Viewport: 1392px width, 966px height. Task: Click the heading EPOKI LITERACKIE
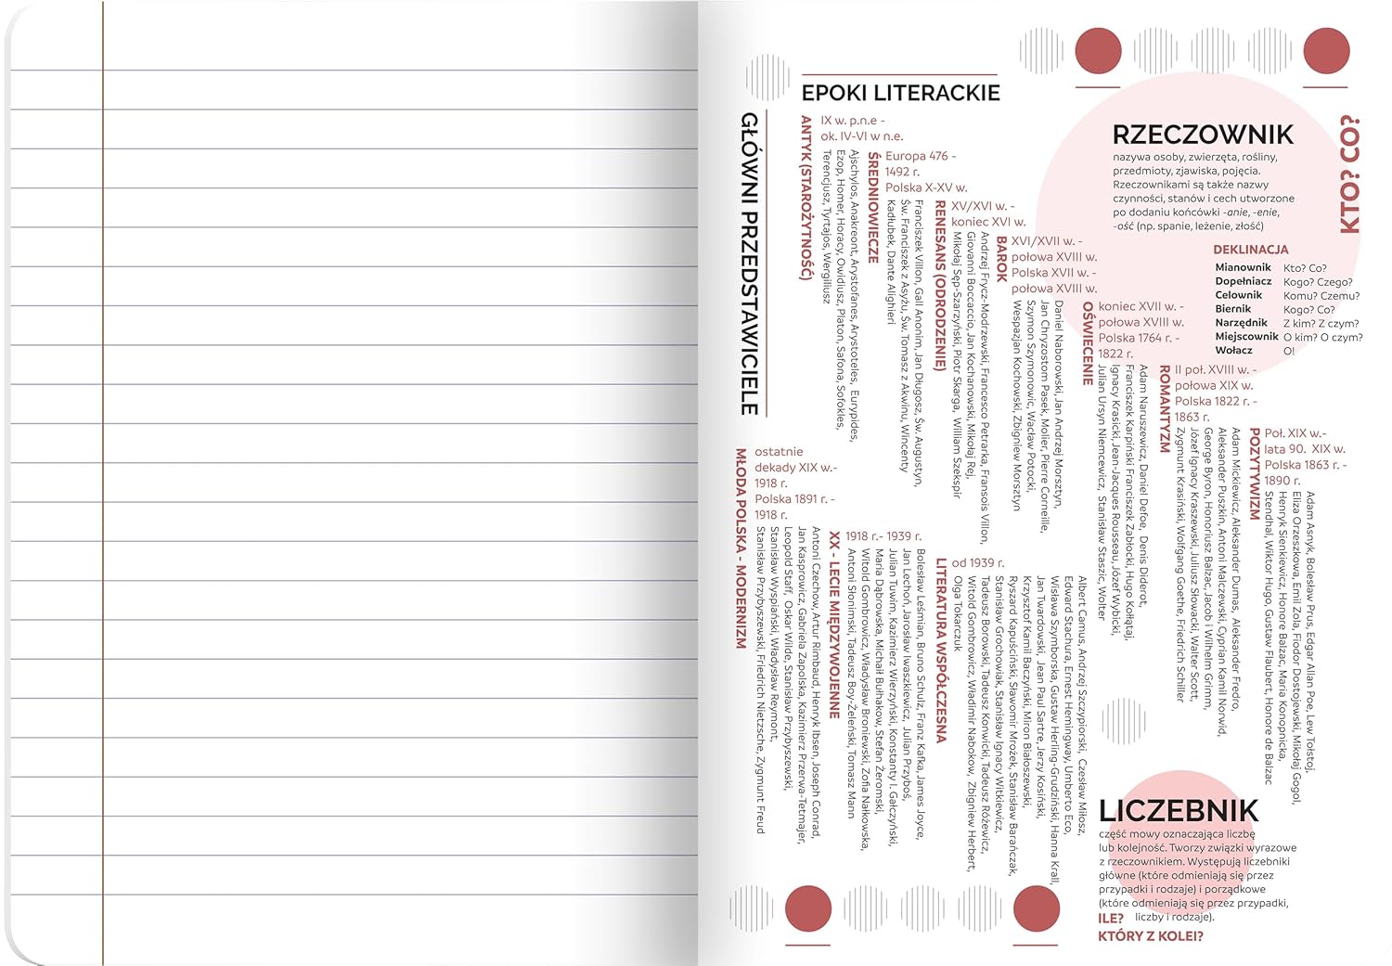click(900, 93)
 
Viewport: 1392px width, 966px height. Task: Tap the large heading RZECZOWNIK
click(1202, 135)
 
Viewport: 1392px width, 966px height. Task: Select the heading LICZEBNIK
click(1178, 811)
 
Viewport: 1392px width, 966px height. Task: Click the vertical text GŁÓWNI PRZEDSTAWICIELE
click(750, 264)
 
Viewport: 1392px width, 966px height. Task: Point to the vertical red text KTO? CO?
click(1349, 174)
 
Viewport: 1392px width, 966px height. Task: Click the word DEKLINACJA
click(1250, 250)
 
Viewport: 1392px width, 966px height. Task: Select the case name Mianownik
click(1243, 267)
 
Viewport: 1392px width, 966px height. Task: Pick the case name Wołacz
click(1233, 351)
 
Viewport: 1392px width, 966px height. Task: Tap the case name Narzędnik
click(1241, 323)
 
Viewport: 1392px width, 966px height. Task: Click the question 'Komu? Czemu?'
click(1321, 296)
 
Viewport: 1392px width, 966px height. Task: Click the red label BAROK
click(1001, 259)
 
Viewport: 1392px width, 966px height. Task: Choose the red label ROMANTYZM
click(1165, 408)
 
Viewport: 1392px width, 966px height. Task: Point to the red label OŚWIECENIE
click(1088, 342)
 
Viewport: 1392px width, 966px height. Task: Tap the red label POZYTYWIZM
click(1255, 473)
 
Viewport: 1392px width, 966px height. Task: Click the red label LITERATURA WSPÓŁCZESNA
click(941, 650)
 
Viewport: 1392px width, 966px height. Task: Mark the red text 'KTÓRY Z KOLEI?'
click(1150, 936)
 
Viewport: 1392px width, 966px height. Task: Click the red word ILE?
click(1111, 919)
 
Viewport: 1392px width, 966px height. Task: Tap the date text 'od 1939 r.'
click(977, 563)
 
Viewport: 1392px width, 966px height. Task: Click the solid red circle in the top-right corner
click(1326, 50)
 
